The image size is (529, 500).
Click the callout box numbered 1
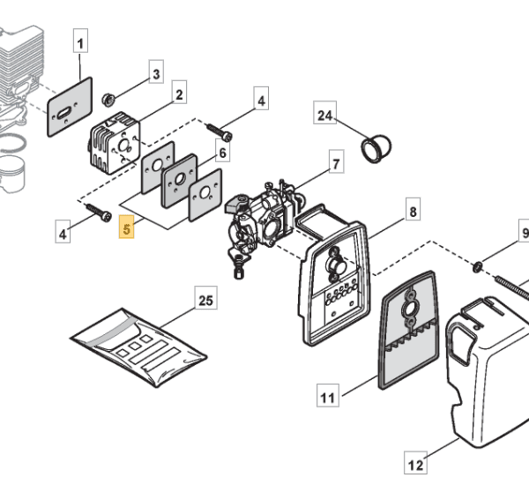[80, 41]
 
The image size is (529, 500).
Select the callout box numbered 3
[156, 71]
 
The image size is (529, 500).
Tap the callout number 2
[179, 92]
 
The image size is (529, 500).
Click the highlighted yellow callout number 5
[126, 227]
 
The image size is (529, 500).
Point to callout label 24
[324, 112]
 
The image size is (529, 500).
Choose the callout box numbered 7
[337, 161]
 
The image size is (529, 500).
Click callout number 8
[413, 209]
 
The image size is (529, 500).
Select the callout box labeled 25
[206, 297]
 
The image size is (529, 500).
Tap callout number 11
[328, 395]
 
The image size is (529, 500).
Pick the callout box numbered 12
[415, 462]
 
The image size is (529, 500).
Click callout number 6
[223, 150]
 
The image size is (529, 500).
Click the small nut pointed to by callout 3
[108, 100]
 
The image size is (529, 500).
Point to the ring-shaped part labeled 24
[376, 149]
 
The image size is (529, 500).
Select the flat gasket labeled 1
[70, 108]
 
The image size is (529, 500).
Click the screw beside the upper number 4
[220, 132]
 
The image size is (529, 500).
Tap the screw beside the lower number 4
[99, 213]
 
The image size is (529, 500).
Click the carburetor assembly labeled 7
[263, 220]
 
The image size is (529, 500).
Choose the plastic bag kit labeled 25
[138, 347]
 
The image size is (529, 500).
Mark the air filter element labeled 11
[409, 330]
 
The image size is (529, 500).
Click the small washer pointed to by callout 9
[477, 267]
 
